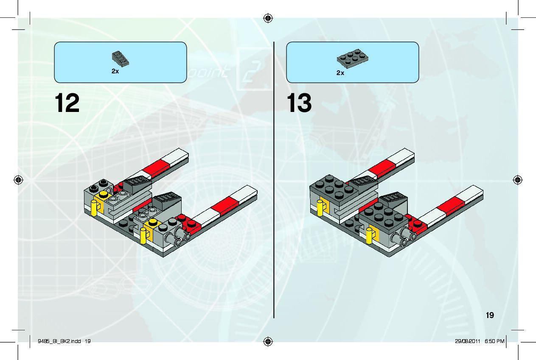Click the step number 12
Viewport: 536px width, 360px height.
[x=67, y=103]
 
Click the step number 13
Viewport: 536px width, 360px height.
[x=300, y=103]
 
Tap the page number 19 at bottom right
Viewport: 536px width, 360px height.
[x=490, y=315]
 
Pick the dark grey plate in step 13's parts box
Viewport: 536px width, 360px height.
[x=353, y=59]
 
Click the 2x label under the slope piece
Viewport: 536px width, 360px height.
[x=115, y=72]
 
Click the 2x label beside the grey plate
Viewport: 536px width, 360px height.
[x=340, y=73]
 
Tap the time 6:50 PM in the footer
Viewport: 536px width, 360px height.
[x=495, y=341]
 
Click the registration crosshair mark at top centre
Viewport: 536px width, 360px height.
[x=268, y=18]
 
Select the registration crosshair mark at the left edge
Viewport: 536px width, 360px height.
[x=18, y=179]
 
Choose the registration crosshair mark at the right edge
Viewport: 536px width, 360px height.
[x=517, y=179]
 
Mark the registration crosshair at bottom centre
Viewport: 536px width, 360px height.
[x=268, y=341]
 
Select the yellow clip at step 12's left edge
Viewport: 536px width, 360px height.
[x=94, y=209]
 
